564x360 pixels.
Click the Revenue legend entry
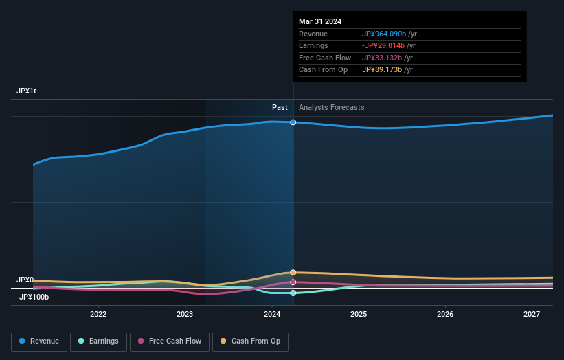(39, 341)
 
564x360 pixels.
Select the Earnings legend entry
(98, 341)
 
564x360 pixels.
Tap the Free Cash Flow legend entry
(168, 341)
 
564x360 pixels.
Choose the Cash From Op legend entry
(251, 341)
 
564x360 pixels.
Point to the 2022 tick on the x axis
(98, 314)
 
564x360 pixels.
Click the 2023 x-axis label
(185, 314)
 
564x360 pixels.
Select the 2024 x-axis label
(272, 314)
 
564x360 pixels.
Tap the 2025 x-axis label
(359, 314)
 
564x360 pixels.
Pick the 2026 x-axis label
(445, 314)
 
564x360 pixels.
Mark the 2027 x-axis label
(532, 314)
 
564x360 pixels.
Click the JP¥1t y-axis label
(27, 91)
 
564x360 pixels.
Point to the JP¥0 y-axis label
(25, 280)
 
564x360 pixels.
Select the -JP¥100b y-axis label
(32, 297)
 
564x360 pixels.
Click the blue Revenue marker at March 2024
(293, 122)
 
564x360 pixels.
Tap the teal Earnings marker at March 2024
(293, 293)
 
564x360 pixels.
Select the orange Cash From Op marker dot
(293, 273)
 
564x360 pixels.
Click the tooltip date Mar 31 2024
(320, 22)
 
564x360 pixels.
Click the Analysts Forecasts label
(331, 107)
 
